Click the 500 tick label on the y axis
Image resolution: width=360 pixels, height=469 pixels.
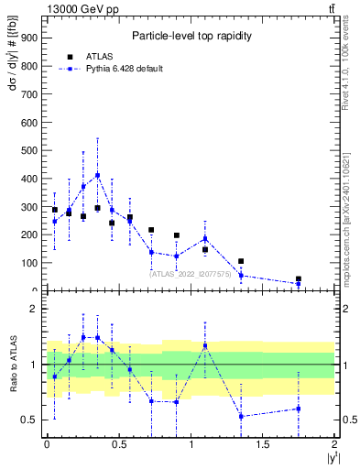click(x=29, y=149)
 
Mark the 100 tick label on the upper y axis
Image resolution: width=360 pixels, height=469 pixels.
click(x=29, y=263)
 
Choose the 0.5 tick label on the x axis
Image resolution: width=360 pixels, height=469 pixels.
click(x=119, y=443)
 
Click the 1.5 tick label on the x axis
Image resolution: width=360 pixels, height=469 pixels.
click(x=263, y=443)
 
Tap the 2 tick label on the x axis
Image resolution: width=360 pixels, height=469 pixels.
click(x=335, y=443)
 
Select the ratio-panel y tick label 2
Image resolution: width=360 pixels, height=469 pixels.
click(x=34, y=309)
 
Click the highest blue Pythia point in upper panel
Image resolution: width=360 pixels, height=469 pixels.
click(x=98, y=175)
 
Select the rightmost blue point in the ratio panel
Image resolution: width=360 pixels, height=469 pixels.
click(x=299, y=409)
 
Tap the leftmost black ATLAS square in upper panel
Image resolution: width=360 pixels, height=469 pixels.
click(x=55, y=210)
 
